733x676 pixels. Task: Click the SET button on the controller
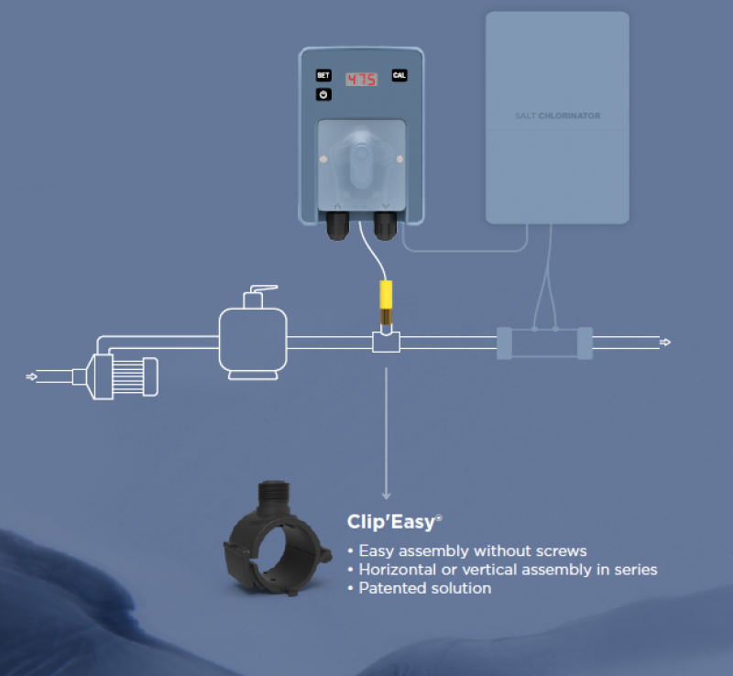(323, 75)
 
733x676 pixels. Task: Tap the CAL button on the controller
(399, 75)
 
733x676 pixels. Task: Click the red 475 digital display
(361, 80)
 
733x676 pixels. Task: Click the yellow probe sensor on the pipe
(386, 303)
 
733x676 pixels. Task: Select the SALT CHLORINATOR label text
(558, 115)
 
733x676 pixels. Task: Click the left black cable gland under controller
(337, 226)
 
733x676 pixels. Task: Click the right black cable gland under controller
(385, 226)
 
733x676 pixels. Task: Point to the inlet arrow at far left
(31, 376)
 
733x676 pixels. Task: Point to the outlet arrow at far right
(665, 343)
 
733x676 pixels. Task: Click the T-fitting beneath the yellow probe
(386, 342)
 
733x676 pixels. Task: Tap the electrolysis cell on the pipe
(544, 343)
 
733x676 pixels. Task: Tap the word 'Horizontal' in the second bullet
(398, 570)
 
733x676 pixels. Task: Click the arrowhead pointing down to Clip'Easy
(386, 496)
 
